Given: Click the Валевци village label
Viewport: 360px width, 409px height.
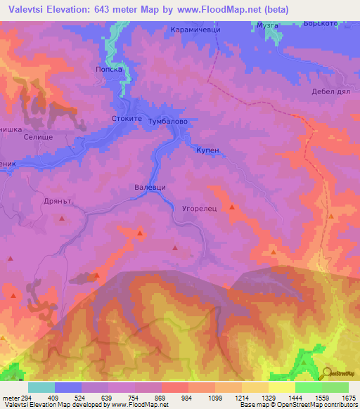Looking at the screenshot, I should coord(150,188).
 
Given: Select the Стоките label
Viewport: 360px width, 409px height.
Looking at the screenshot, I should coord(127,119).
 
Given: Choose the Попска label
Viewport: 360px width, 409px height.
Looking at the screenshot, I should coord(109,70).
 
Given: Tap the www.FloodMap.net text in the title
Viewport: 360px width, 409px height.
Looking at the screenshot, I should coord(221,8).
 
